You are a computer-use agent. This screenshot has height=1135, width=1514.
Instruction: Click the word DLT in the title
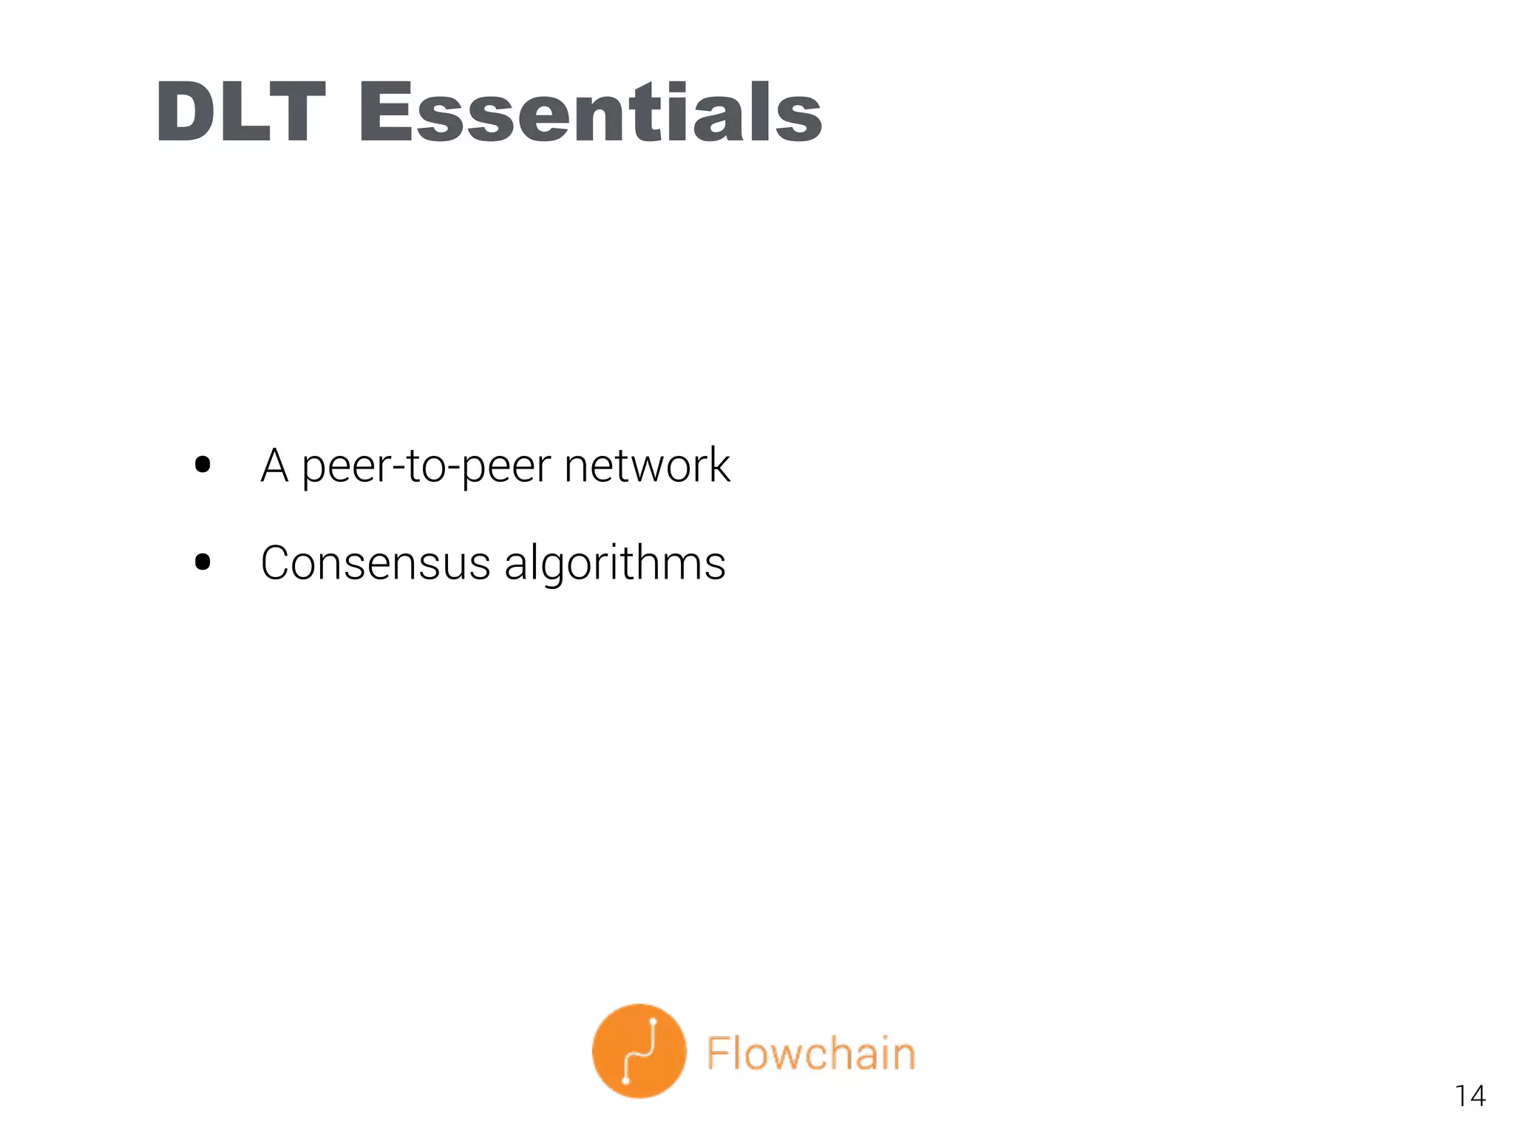pyautogui.click(x=241, y=112)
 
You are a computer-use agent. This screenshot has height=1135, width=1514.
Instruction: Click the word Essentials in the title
pyautogui.click(x=590, y=112)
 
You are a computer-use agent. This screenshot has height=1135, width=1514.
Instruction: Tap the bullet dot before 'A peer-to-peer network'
pyautogui.click(x=203, y=465)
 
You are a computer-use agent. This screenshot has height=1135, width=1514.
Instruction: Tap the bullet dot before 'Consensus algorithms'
pyautogui.click(x=203, y=562)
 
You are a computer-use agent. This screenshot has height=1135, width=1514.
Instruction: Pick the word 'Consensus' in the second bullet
pyautogui.click(x=376, y=563)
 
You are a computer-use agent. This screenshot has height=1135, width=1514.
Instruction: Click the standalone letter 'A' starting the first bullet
pyautogui.click(x=274, y=466)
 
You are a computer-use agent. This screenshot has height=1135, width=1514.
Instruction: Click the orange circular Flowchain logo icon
pyautogui.click(x=639, y=1051)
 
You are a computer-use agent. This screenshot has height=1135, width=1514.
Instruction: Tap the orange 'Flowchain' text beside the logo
pyautogui.click(x=811, y=1053)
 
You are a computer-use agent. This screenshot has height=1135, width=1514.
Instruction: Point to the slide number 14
pyautogui.click(x=1470, y=1096)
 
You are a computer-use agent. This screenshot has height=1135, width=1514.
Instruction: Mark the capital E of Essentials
pyautogui.click(x=384, y=112)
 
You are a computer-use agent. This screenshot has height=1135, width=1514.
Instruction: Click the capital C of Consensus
pyautogui.click(x=276, y=563)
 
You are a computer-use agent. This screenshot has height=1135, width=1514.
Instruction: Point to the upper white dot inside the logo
pyautogui.click(x=654, y=1023)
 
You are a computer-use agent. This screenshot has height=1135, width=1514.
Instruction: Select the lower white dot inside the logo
pyautogui.click(x=626, y=1080)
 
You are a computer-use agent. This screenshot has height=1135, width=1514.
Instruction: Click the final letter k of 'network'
pyautogui.click(x=719, y=466)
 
